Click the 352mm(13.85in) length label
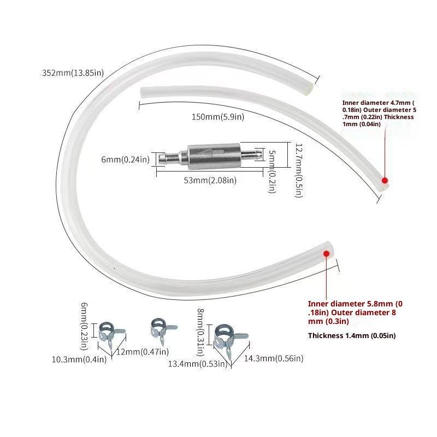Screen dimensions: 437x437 [x=73, y=73]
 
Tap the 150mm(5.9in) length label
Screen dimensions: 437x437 [x=218, y=117]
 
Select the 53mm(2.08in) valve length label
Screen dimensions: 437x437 [x=210, y=180]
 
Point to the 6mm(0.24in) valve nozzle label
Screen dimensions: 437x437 [x=126, y=160]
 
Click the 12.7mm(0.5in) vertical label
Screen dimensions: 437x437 [x=299, y=170]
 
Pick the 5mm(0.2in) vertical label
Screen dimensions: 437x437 [x=271, y=172]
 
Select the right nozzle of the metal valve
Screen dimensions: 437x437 [x=251, y=154]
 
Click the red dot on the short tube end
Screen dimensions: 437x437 [x=385, y=180]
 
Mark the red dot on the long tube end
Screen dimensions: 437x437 [x=326, y=253]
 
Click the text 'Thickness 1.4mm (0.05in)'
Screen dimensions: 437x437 [x=352, y=335]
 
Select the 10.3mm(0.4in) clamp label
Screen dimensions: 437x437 [x=79, y=359]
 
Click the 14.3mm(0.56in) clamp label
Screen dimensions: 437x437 [x=274, y=358]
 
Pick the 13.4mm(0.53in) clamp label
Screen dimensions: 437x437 [x=198, y=364]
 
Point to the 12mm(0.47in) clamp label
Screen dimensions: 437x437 [x=143, y=352]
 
